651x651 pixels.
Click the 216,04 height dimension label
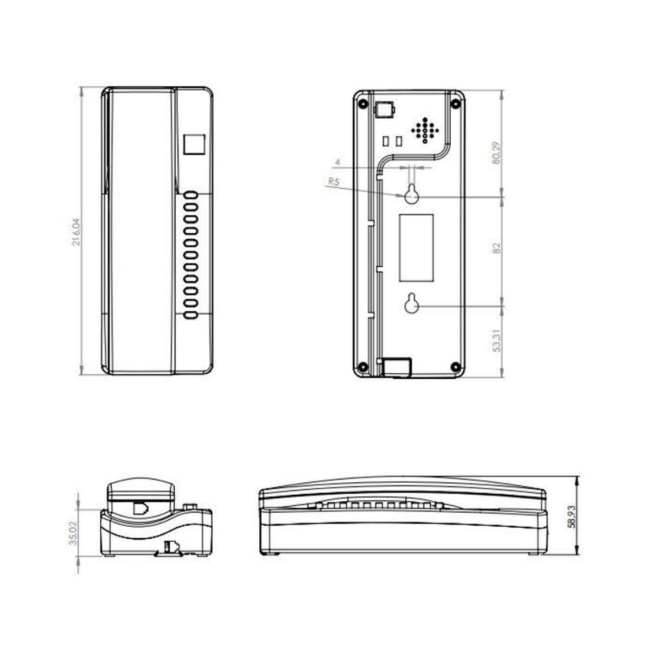pos(76,232)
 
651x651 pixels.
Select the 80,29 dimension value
pos(496,152)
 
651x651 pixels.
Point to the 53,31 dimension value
pos(496,341)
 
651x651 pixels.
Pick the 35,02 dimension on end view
pos(73,533)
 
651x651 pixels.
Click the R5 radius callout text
pos(334,182)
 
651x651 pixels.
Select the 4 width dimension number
pos(337,162)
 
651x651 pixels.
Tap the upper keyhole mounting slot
pos(411,194)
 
